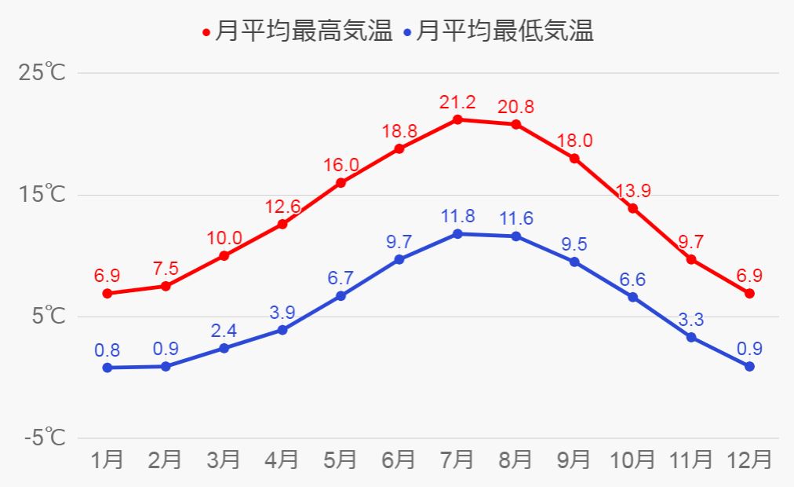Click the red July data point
point(457,119)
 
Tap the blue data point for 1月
point(107,368)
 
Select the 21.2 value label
point(457,102)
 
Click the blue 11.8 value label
point(457,216)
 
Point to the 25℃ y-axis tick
point(42,73)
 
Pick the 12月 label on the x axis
point(749,460)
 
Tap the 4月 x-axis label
point(282,460)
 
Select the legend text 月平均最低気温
point(504,31)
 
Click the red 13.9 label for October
point(633,191)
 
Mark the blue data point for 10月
point(633,297)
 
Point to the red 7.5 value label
point(165,269)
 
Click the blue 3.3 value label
point(691,320)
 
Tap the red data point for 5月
point(341,183)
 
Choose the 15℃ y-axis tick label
point(42,195)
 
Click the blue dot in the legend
point(406,33)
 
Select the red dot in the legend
point(206,33)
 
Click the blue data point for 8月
point(515,236)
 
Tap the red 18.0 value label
point(574,141)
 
